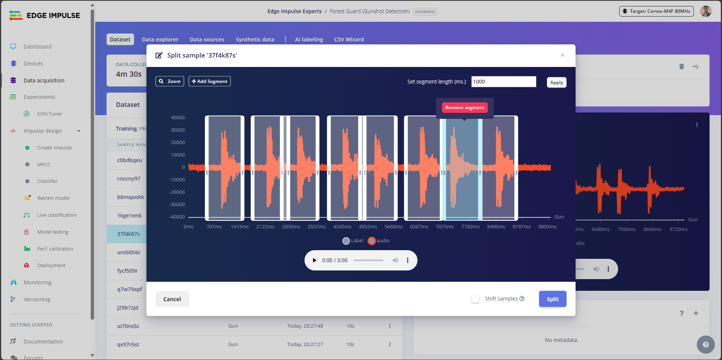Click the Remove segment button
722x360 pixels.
pyautogui.click(x=465, y=108)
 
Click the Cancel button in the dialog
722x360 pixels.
pyautogui.click(x=172, y=299)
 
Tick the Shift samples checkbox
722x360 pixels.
pyautogui.click(x=475, y=299)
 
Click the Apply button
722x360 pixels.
pyautogui.click(x=556, y=82)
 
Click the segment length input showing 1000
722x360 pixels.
pyautogui.click(x=503, y=82)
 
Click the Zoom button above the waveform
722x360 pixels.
pyautogui.click(x=170, y=81)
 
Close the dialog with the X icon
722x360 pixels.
pyautogui.click(x=563, y=55)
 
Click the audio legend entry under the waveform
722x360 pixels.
pyautogui.click(x=379, y=241)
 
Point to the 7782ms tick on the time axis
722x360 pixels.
pyautogui.click(x=470, y=227)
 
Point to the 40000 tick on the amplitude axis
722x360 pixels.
pyautogui.click(x=178, y=118)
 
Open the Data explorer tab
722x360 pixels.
pyautogui.click(x=160, y=39)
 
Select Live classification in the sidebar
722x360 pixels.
pyautogui.click(x=56, y=215)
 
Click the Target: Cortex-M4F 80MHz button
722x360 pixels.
pyautogui.click(x=656, y=11)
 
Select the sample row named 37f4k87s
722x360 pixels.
pyautogui.click(x=128, y=234)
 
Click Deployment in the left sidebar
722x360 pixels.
pyautogui.click(x=51, y=266)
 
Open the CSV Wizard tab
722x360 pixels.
pyautogui.click(x=349, y=39)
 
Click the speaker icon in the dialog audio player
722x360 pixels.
pyautogui.click(x=395, y=260)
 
